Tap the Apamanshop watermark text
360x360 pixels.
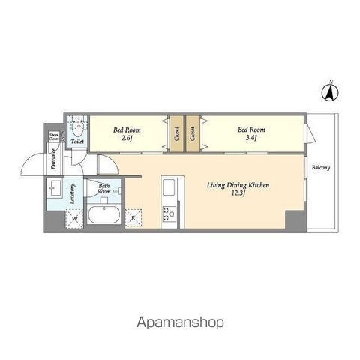click(x=180, y=322)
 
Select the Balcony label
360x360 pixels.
click(x=321, y=168)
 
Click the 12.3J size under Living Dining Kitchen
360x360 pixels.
click(x=238, y=193)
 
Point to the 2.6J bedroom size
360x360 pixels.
click(x=127, y=138)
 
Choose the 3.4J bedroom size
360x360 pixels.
click(x=251, y=138)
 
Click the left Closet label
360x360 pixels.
click(x=177, y=134)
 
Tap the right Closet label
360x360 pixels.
click(x=193, y=134)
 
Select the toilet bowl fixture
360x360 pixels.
click(x=77, y=127)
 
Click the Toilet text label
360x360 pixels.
click(x=77, y=142)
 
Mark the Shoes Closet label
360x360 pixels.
click(x=54, y=137)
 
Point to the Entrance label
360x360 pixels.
click(x=53, y=159)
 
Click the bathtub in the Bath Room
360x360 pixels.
click(x=104, y=214)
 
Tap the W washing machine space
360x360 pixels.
click(x=74, y=219)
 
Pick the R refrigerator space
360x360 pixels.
click(x=133, y=218)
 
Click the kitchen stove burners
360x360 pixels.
click(x=169, y=214)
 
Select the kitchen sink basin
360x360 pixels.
click(x=169, y=187)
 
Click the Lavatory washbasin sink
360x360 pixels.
click(x=55, y=188)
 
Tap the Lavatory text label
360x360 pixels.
click(x=73, y=194)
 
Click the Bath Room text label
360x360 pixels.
click(x=103, y=189)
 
